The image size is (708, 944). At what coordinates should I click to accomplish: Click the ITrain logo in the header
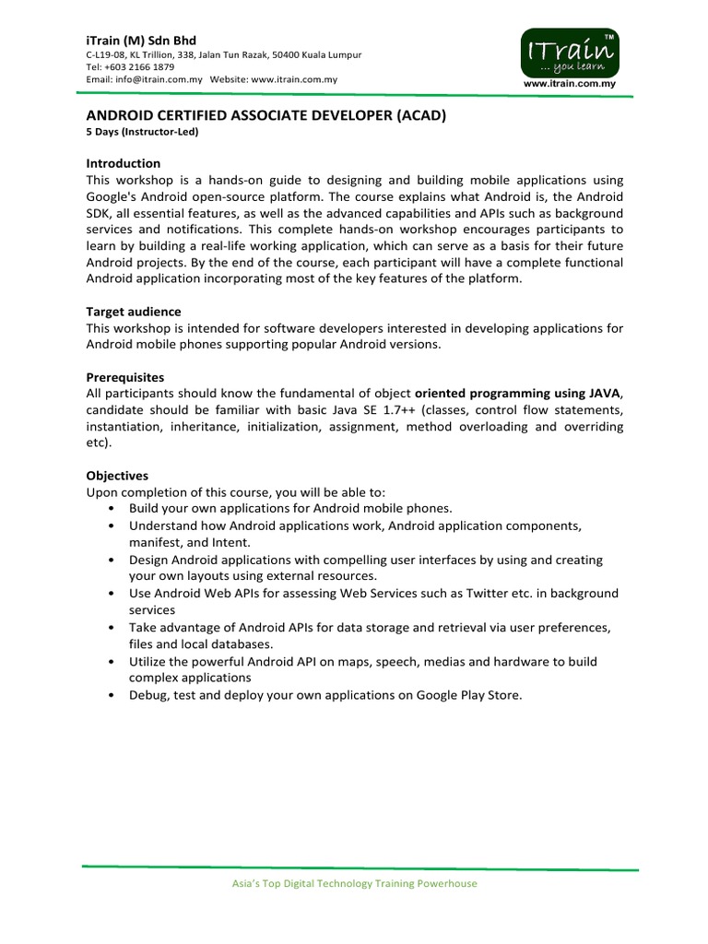568,53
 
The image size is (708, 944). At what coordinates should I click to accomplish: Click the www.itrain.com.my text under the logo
569,84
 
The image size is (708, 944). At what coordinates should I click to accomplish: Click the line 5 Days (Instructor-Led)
143,131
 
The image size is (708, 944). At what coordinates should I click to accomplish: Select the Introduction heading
124,163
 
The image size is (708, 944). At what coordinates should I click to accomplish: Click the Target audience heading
134,312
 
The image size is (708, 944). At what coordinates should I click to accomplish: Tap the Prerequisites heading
125,377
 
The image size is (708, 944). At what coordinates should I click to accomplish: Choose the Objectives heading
117,476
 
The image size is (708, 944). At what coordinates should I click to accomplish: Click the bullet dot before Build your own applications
112,509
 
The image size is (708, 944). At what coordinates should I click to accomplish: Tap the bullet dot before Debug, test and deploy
112,695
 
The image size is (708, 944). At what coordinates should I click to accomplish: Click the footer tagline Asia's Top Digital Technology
353,883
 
